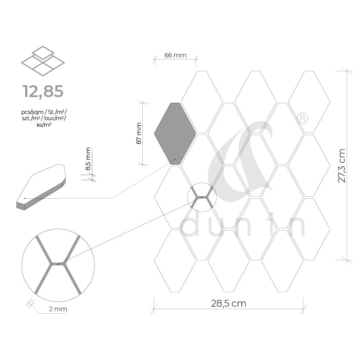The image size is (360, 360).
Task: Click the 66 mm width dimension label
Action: pos(176,55)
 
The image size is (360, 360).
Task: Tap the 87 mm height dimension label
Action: pos(139,134)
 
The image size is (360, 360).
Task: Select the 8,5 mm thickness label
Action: pos(88,159)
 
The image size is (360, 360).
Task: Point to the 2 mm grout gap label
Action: pos(58,309)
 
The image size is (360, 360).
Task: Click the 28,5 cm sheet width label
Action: pos(229,304)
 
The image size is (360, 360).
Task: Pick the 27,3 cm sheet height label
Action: pos(342,165)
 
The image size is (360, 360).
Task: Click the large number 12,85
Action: pos(43,91)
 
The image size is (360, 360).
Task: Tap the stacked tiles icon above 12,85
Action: pos(43,61)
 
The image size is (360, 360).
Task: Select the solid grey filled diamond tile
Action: pos(175,134)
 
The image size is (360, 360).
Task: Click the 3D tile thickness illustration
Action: pos(41,187)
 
